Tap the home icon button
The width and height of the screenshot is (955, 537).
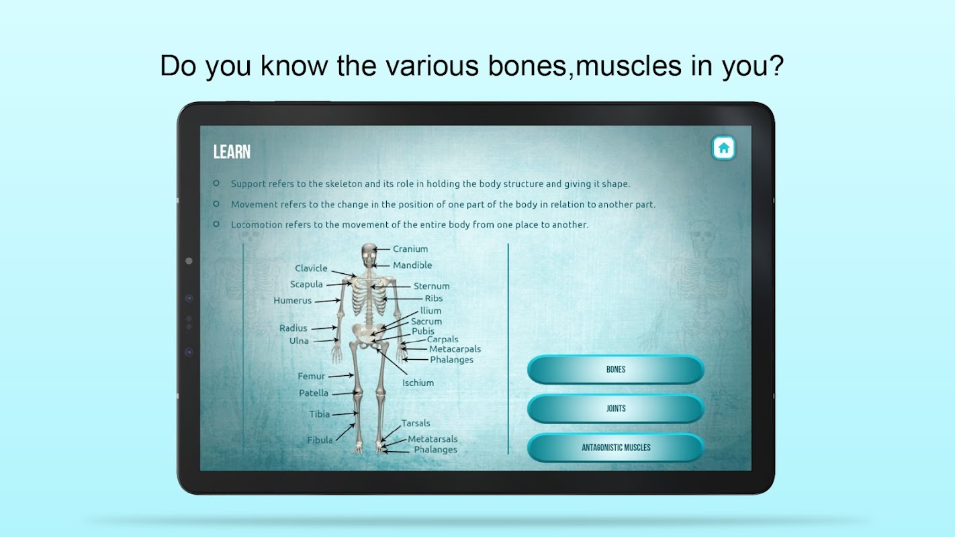(723, 148)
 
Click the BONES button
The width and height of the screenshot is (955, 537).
(616, 369)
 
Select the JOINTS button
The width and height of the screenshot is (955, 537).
(616, 409)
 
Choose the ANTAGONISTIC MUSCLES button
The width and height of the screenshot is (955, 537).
(616, 448)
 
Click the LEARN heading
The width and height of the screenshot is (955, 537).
(232, 152)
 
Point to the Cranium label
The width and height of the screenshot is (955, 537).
(410, 249)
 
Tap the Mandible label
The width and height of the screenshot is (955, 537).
(412, 265)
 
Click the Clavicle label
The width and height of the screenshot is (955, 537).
(311, 268)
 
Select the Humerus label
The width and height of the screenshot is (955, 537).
(292, 301)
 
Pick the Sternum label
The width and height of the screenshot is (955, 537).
(431, 286)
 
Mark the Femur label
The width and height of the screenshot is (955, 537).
(311, 377)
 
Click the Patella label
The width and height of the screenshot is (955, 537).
(314, 393)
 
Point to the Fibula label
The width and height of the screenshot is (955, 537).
(320, 440)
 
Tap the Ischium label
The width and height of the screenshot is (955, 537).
(418, 383)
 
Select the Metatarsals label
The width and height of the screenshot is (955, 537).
(433, 439)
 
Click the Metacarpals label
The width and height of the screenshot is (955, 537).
(455, 349)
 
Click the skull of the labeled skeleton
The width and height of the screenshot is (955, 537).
(369, 254)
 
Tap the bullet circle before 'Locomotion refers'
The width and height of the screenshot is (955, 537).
(216, 224)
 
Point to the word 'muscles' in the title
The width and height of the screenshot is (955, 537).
(629, 66)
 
